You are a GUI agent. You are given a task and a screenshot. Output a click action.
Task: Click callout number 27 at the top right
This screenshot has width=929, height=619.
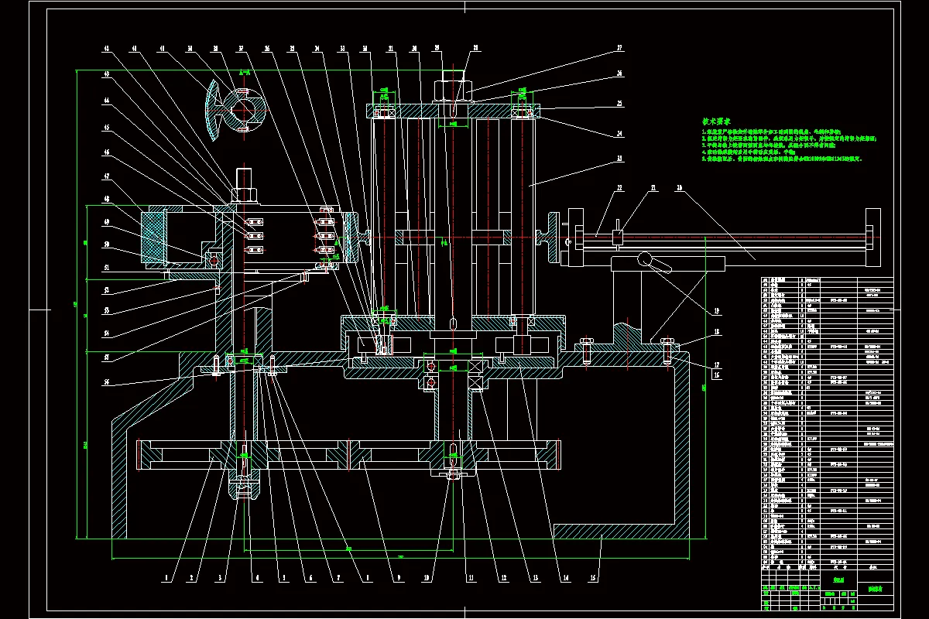[619, 48]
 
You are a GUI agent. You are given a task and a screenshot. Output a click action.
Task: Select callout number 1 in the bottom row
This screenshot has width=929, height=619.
[165, 576]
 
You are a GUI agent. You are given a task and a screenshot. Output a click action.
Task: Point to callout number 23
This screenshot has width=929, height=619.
[619, 158]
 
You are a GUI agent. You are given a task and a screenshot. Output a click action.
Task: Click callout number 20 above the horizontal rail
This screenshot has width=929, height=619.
[678, 188]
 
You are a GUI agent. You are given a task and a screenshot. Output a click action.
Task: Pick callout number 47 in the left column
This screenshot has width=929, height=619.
[107, 176]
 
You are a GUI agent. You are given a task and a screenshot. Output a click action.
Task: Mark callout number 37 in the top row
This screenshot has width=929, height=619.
[242, 48]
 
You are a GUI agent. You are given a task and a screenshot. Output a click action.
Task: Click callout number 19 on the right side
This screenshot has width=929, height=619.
[716, 311]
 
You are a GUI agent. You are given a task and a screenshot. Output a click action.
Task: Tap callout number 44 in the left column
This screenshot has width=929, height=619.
[107, 100]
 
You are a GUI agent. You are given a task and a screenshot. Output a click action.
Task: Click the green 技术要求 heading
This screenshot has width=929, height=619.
[717, 121]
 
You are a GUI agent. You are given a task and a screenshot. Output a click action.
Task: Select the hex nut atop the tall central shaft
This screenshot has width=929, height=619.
[452, 88]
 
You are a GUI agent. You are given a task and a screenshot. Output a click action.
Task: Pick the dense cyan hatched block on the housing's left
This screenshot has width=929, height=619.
[152, 236]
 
